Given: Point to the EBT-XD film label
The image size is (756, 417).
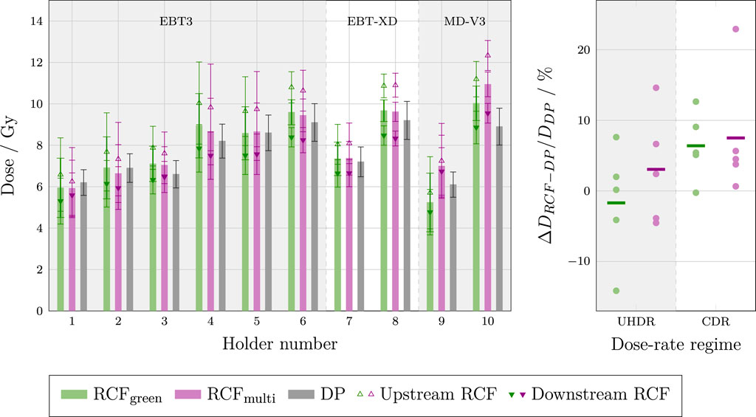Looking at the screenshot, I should pos(372,21).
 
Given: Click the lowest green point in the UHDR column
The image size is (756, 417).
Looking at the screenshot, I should pos(616,291).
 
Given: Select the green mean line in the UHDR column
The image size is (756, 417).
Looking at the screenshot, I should pos(616,202).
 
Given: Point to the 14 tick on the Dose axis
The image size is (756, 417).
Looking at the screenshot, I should pos(35,21).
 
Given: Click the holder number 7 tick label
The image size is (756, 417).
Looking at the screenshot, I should pos(349,323).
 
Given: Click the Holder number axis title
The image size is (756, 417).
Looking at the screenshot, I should pos(281,343).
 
